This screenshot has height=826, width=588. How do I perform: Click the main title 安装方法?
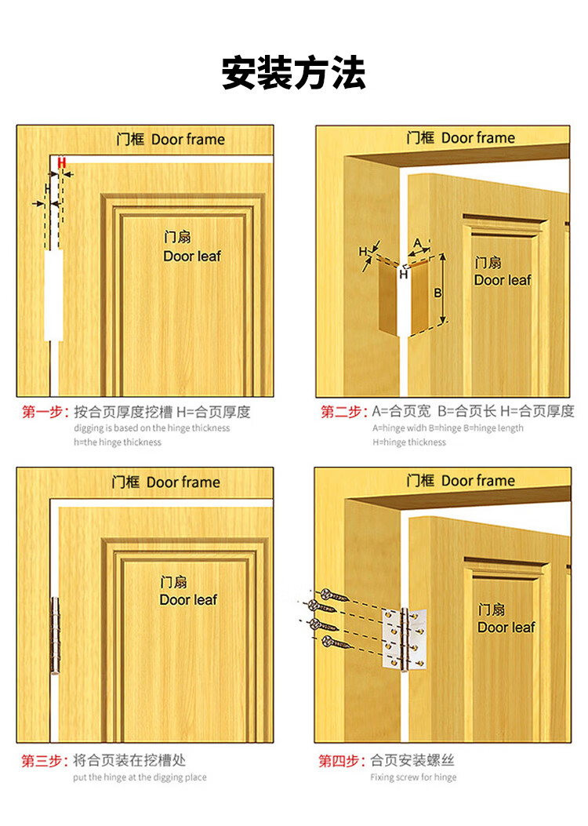(294, 73)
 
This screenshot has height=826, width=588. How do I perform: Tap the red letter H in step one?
(62, 163)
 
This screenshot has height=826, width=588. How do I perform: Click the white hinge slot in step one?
(53, 295)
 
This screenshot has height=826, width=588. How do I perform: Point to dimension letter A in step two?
(417, 243)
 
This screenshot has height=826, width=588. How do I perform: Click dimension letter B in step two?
(437, 293)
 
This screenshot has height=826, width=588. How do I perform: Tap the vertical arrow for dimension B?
(443, 288)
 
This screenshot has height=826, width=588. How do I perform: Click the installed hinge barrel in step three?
(55, 635)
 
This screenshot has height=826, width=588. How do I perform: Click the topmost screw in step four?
(334, 596)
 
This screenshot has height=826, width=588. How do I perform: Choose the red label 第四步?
(342, 761)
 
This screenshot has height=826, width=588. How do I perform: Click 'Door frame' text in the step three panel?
(183, 482)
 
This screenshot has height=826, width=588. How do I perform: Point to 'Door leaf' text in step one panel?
(192, 257)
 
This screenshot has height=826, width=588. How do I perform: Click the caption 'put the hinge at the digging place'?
(140, 777)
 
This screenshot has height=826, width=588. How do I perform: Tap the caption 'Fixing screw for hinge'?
(413, 777)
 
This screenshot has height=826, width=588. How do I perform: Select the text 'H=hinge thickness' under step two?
(409, 442)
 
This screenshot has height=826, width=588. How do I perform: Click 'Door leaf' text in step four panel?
(506, 628)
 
